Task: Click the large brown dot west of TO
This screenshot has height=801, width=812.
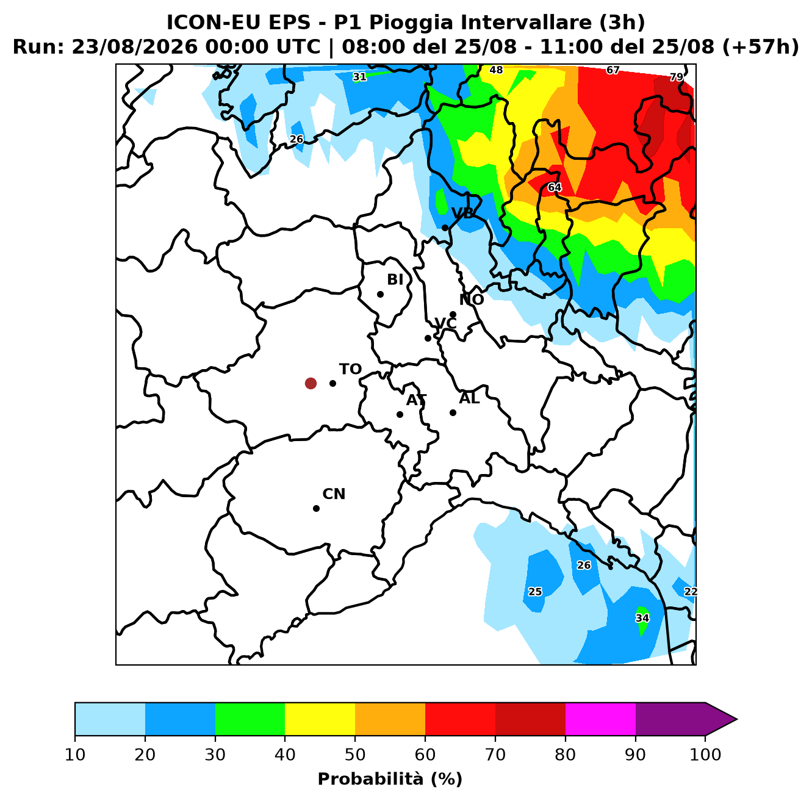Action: (x=311, y=383)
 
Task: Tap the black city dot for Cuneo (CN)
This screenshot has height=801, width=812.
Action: (x=316, y=508)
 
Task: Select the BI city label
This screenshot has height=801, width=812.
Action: (x=395, y=279)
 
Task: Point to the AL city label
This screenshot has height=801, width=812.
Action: (x=469, y=398)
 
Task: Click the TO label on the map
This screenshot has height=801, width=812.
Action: (x=350, y=369)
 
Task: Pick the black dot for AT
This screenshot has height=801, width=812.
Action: (x=400, y=414)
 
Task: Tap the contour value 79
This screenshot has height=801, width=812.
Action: (x=677, y=77)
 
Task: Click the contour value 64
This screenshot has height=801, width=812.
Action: (x=555, y=187)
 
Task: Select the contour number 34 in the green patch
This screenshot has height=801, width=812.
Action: (x=642, y=618)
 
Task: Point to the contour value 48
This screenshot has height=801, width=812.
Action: (x=496, y=70)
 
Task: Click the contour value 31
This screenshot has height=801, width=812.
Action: (x=359, y=77)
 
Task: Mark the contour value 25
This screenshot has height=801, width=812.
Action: (x=535, y=592)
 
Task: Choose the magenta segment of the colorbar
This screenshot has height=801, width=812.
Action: (x=600, y=719)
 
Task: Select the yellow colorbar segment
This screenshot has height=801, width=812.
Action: (x=320, y=719)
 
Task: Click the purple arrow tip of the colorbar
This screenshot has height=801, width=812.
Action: (x=737, y=719)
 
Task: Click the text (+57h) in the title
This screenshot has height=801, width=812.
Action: (x=760, y=47)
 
